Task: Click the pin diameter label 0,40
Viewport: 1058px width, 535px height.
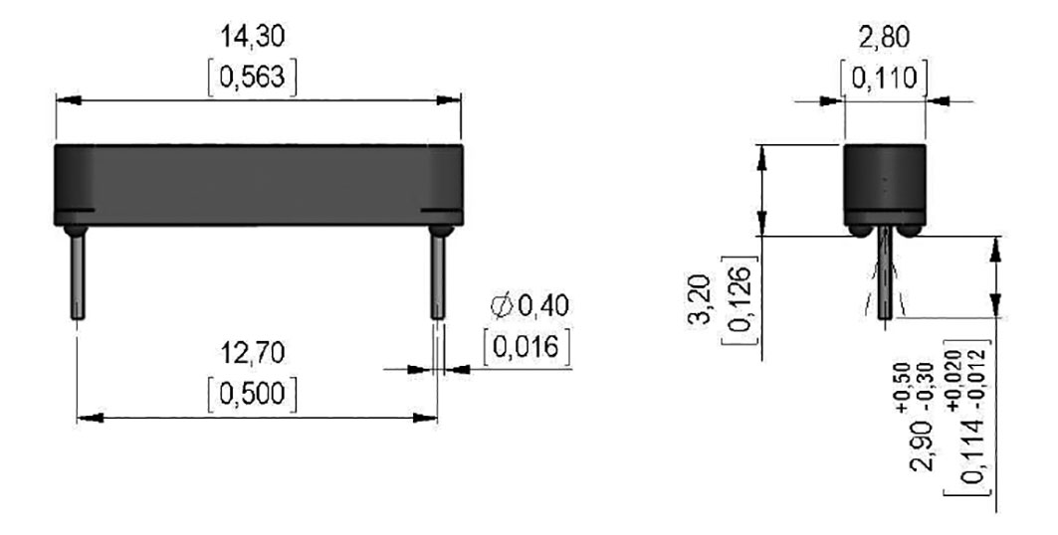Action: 543,306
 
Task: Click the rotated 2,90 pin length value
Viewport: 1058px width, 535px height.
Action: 930,438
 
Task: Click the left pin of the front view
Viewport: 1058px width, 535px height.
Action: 77,273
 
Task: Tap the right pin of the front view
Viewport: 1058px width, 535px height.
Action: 437,273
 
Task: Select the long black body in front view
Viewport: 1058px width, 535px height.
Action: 258,184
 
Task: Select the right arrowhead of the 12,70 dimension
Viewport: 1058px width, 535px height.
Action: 429,419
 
